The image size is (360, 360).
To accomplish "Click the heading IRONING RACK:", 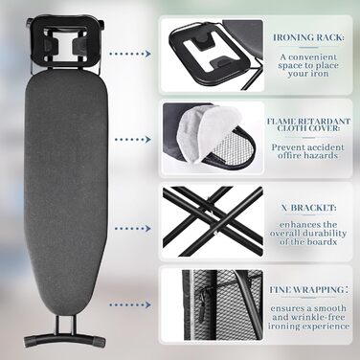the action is point(308,37).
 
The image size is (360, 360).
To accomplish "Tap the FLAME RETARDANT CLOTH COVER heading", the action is point(308,124).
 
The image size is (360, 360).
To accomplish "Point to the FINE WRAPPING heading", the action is point(308,290).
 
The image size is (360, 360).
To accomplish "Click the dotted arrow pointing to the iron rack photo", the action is point(129,54).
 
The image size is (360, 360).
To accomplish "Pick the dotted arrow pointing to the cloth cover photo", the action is point(133,140).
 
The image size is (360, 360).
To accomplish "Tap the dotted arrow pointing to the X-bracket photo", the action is point(133,229).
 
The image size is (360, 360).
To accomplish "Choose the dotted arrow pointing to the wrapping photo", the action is point(129,304).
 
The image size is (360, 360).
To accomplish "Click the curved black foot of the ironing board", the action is point(65,338).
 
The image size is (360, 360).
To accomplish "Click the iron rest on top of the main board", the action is point(66,39).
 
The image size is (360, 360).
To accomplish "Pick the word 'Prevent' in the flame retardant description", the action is point(287,147).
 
